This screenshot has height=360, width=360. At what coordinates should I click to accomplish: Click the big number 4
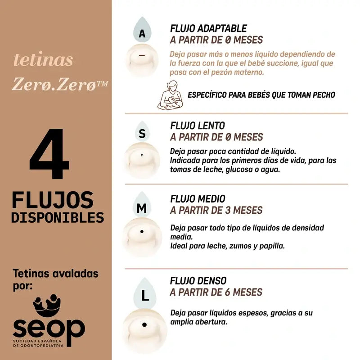[49, 155]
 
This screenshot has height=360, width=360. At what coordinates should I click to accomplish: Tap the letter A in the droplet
[142, 34]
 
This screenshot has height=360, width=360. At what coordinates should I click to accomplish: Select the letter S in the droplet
[142, 134]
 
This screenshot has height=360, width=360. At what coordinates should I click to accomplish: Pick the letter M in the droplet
[142, 208]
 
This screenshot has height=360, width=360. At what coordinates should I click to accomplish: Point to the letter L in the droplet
[145, 296]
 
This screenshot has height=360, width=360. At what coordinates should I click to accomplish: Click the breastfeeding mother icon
[171, 95]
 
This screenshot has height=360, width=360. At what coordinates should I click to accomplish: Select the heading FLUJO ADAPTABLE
[208, 28]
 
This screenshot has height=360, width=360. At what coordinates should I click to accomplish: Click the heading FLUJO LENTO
[198, 126]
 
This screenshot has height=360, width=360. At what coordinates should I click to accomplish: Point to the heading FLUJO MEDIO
[198, 199]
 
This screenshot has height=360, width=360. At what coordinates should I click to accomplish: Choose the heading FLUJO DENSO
[198, 281]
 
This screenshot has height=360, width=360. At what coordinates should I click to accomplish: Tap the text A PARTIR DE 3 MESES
[216, 210]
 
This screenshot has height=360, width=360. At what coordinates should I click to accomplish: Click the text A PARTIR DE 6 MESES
[216, 292]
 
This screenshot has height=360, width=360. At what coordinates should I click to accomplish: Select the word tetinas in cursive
[43, 60]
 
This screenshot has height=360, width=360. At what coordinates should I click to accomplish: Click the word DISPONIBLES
[58, 217]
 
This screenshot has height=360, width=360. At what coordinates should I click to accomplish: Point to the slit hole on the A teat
[142, 55]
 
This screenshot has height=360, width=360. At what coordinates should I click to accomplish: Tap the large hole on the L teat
[144, 324]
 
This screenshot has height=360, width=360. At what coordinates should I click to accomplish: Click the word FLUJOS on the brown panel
[53, 200]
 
